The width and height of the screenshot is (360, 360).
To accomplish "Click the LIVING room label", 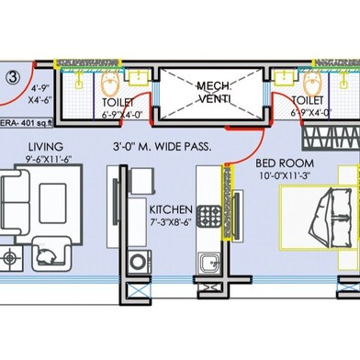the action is [x=46, y=147].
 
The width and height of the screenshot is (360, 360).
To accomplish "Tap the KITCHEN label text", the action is [x=171, y=209].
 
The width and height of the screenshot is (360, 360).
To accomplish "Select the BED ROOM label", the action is [x=285, y=163].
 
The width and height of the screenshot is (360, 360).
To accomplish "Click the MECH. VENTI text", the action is [x=214, y=92].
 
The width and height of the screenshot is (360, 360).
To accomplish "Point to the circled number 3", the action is [x=13, y=77].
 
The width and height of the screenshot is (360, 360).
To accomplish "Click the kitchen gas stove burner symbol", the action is [x=209, y=216].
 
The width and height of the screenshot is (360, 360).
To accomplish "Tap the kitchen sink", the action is [x=209, y=263].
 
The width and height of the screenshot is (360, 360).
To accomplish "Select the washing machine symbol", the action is [x=140, y=262].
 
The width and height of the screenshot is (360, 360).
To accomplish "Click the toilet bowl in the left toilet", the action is [x=109, y=84].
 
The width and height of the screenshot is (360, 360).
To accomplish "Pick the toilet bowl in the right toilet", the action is [x=312, y=84].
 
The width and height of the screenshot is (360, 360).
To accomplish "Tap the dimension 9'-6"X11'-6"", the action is [x=49, y=159].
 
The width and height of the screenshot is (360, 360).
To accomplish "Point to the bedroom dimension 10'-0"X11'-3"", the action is [x=285, y=176].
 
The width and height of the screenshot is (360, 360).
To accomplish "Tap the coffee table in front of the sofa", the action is [x=52, y=203].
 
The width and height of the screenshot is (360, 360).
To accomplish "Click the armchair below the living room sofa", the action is [x=51, y=253].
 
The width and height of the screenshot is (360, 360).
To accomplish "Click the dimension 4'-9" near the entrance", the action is [x=40, y=89].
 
